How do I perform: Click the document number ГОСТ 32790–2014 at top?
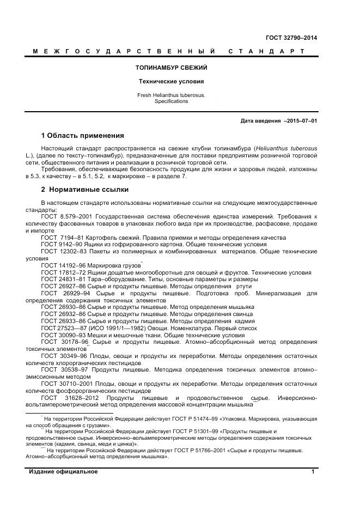point(291,38)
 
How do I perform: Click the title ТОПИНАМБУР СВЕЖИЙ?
point(171,68)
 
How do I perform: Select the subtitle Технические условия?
point(171,82)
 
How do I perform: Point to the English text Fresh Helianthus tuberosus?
point(171,95)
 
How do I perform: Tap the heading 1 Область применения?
point(82,135)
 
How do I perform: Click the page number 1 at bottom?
point(313,472)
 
